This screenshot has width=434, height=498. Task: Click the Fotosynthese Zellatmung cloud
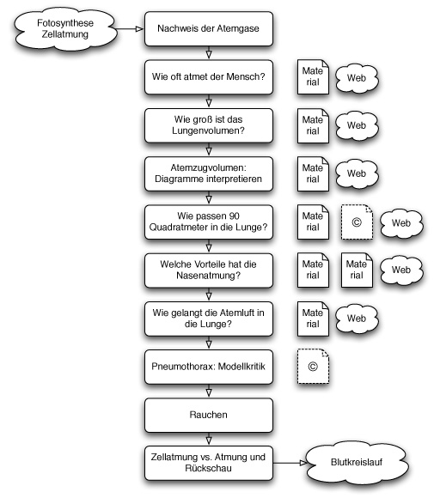[65, 28]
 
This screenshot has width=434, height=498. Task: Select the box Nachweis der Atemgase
[209, 28]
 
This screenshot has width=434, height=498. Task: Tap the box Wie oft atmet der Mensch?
[209, 77]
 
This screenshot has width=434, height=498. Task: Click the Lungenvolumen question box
[209, 125]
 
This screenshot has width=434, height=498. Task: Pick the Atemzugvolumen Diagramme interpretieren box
[209, 173]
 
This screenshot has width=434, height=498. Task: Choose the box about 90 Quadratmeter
[209, 222]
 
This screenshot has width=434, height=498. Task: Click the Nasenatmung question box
[209, 270]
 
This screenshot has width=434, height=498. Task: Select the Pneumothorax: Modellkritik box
[209, 367]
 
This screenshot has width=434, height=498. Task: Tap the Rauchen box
[209, 415]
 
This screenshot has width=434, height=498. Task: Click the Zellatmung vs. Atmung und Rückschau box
[209, 463]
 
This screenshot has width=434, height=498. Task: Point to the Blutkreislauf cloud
[357, 463]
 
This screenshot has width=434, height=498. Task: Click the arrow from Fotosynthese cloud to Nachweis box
[130, 29]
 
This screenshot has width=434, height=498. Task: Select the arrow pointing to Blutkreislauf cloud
[290, 463]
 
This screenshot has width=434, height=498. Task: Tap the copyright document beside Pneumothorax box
[313, 366]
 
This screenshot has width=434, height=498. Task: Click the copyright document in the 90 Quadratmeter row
[357, 222]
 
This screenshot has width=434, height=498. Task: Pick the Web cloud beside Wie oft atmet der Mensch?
[357, 78]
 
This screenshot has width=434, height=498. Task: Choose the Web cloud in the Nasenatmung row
[401, 270]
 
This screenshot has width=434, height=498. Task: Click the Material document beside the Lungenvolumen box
[313, 125]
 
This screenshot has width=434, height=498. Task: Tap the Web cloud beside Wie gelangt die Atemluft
[357, 319]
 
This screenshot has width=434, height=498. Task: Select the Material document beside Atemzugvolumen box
[313, 173]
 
